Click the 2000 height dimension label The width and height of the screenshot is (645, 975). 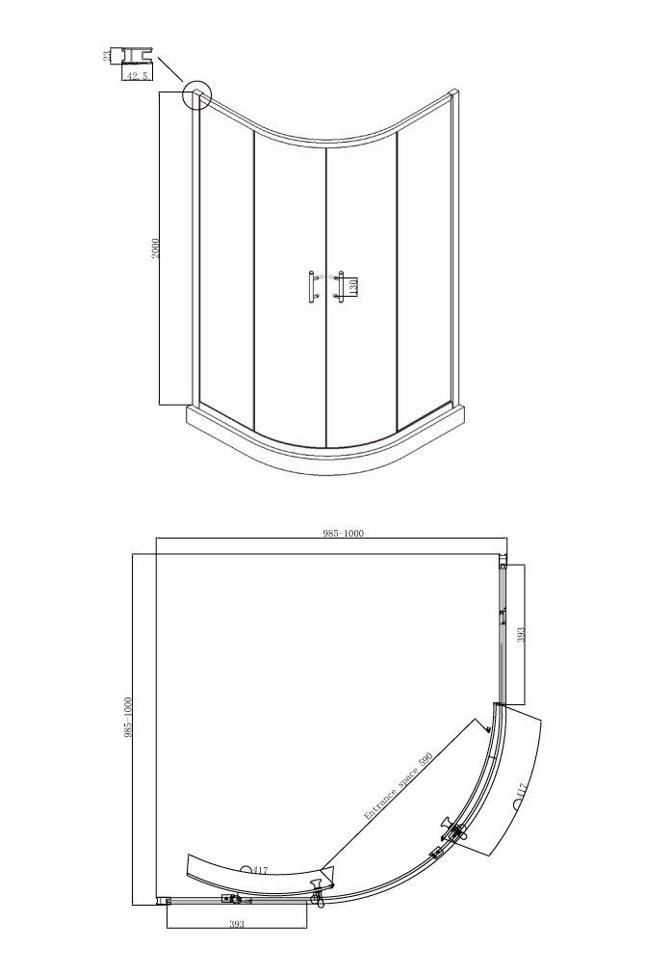tap(156, 248)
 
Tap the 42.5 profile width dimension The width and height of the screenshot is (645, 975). tap(137, 76)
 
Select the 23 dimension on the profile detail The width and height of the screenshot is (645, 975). tap(107, 56)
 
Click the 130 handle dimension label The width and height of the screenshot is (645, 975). tap(351, 287)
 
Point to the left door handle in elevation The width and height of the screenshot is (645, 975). tap(311, 287)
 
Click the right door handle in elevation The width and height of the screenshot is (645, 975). tap(339, 287)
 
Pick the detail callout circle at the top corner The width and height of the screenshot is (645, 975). tap(197, 95)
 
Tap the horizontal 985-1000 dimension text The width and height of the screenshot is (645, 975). tap(343, 533)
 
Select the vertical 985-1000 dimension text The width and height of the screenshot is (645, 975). tap(129, 717)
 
